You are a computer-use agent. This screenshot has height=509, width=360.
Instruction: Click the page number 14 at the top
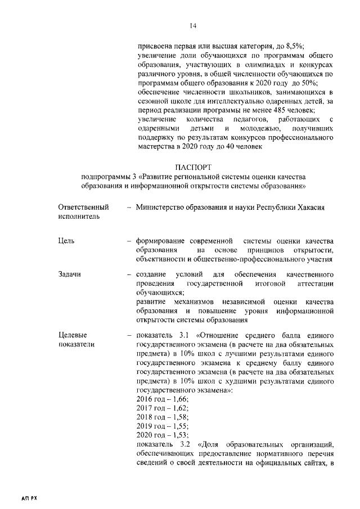coord(193,25)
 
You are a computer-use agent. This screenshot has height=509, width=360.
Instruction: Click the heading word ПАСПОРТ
coord(194,167)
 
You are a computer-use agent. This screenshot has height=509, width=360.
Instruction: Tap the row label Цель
coord(66,241)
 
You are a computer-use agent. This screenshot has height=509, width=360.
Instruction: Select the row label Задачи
coord(70,274)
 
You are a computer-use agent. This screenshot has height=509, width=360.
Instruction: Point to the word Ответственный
coord(83,207)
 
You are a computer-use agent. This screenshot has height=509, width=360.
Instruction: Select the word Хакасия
coord(309,207)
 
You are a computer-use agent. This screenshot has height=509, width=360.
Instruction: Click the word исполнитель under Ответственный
coord(77,216)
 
